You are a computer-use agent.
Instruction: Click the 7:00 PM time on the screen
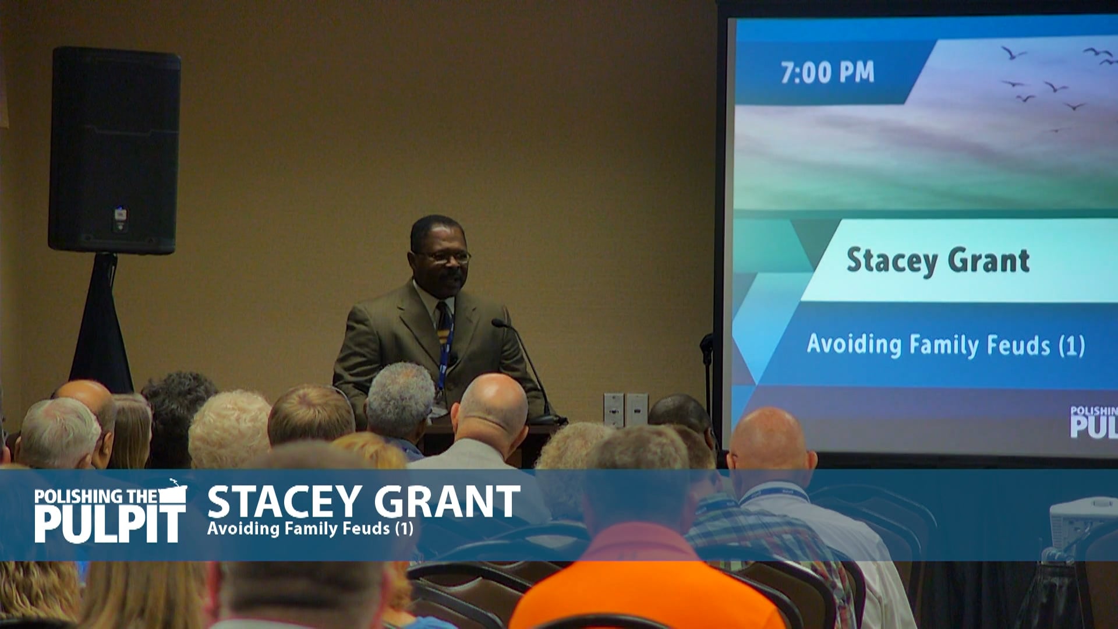click(x=827, y=73)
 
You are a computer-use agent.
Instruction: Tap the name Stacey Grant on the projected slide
click(x=937, y=260)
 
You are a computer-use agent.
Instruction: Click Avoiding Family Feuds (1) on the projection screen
click(x=946, y=345)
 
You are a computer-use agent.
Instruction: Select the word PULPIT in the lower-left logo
click(x=109, y=524)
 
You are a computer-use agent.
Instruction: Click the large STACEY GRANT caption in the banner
click(x=363, y=501)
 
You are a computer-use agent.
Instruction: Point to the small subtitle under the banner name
click(x=310, y=529)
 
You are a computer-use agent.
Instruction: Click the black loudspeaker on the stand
click(x=114, y=151)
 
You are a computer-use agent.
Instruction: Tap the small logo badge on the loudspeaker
click(x=120, y=214)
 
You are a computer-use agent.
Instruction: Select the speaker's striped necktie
click(x=445, y=326)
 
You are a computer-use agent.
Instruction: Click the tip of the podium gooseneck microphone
click(x=497, y=322)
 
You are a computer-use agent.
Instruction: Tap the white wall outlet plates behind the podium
click(x=625, y=409)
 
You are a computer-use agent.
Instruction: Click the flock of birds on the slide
click(x=1048, y=84)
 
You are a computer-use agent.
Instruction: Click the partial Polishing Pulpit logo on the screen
click(x=1094, y=422)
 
